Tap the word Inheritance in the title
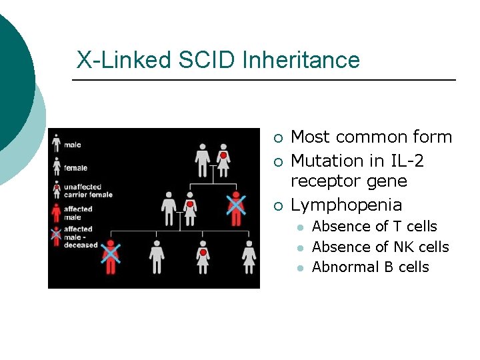point(301,60)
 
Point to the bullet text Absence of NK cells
point(380,247)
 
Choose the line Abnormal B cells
point(370,267)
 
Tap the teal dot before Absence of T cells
point(300,227)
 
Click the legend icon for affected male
point(57,213)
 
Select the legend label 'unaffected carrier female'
point(88,191)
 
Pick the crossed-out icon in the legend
point(57,235)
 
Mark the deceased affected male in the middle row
point(235,208)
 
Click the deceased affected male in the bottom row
point(111,257)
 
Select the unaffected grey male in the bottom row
point(157,257)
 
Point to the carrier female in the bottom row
point(203,257)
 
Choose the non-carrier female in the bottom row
point(249,257)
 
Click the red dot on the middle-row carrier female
point(190,204)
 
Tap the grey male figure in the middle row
point(169,208)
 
